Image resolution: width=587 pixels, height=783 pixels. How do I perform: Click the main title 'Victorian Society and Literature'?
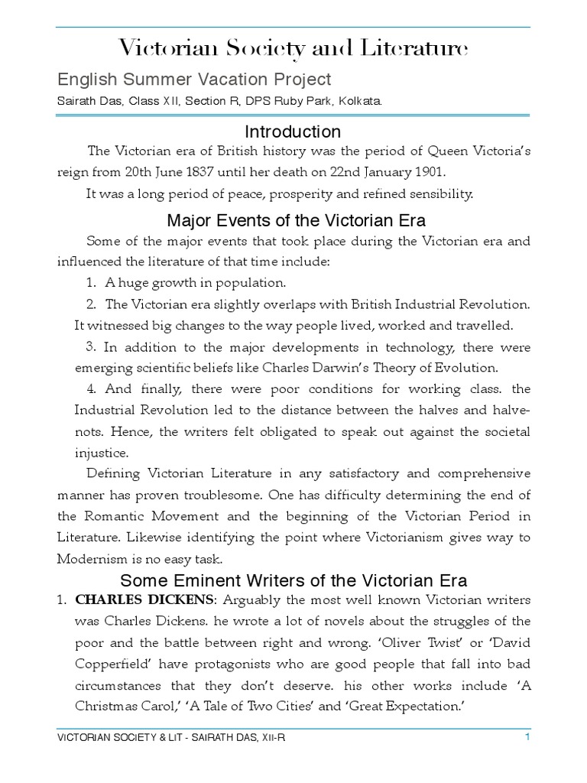293,50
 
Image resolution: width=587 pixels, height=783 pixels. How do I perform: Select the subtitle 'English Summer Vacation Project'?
194,79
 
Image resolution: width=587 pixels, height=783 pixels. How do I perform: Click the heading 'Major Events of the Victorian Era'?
297,222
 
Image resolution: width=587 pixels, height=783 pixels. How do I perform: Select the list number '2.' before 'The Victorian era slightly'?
91,304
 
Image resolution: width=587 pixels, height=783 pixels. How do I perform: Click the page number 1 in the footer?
527,737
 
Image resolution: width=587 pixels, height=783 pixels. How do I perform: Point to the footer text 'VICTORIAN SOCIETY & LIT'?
118,738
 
